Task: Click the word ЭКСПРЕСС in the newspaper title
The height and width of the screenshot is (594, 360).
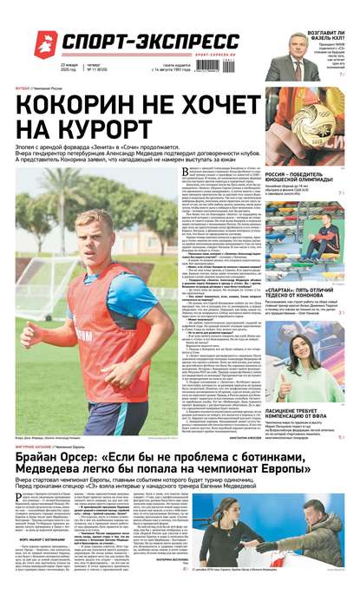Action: pyautogui.click(x=187, y=42)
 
